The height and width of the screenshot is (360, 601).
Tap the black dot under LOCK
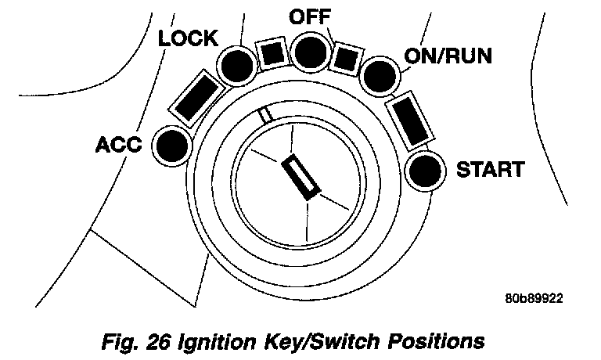coord(234,67)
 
